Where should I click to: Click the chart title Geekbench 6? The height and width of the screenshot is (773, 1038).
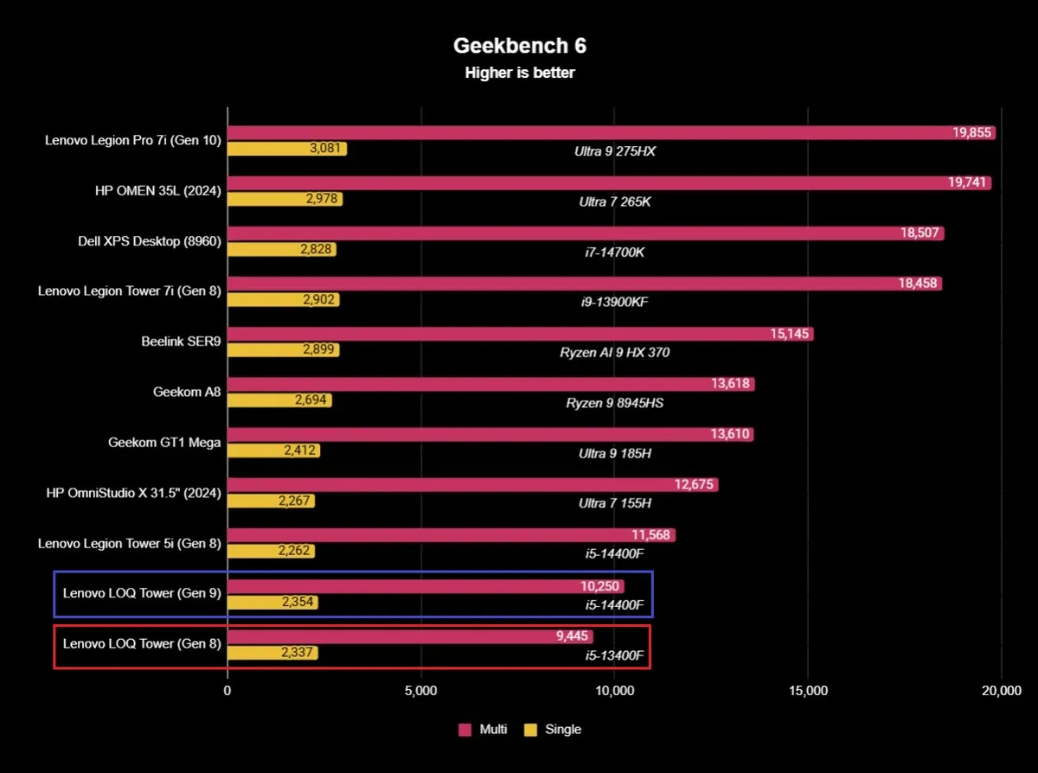coord(519,46)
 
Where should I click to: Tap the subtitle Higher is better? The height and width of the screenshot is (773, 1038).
coord(519,73)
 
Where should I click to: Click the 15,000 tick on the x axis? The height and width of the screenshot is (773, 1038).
coord(809,691)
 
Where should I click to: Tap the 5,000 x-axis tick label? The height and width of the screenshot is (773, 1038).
coord(421,691)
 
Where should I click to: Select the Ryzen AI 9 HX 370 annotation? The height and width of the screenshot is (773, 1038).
coord(614,352)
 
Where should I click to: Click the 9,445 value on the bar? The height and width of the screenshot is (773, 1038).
coord(572,636)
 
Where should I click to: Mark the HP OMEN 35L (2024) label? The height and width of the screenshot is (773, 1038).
coord(157,192)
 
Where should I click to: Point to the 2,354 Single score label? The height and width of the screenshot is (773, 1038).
coord(298,603)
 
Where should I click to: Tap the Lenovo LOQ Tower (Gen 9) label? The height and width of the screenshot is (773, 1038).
coord(142,593)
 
